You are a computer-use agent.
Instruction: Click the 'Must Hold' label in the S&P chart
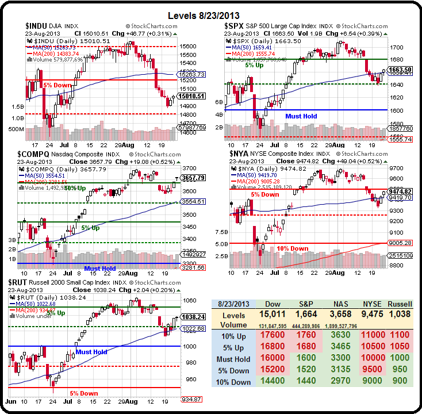point(301,116)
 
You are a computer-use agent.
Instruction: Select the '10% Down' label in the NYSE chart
point(293,248)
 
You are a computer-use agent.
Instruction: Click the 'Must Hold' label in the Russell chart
point(91,352)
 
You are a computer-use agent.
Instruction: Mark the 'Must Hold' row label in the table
point(233,359)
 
